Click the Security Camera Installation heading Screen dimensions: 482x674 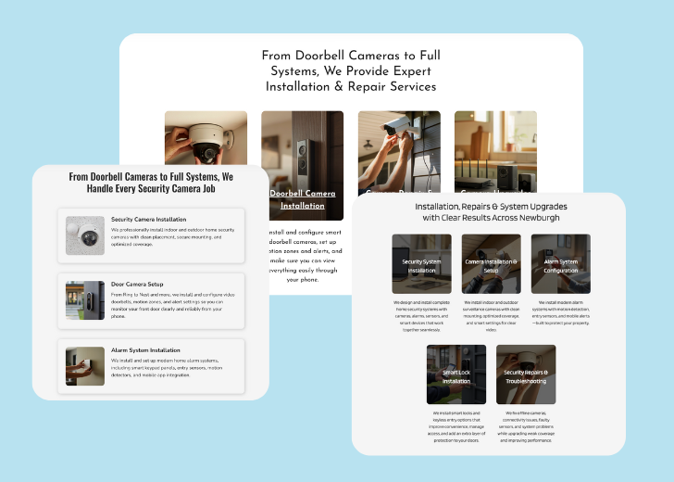(x=148, y=220)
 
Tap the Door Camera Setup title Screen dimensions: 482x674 (x=137, y=284)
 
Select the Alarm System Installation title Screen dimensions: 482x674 (x=145, y=349)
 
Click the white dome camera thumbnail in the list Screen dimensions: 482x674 (x=85, y=236)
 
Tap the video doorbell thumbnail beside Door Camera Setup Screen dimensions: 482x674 (x=85, y=301)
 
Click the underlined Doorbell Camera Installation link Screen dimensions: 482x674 (x=302, y=199)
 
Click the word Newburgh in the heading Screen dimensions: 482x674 (x=539, y=218)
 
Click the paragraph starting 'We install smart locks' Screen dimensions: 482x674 (x=456, y=427)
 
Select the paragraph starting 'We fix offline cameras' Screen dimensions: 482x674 (x=526, y=427)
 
